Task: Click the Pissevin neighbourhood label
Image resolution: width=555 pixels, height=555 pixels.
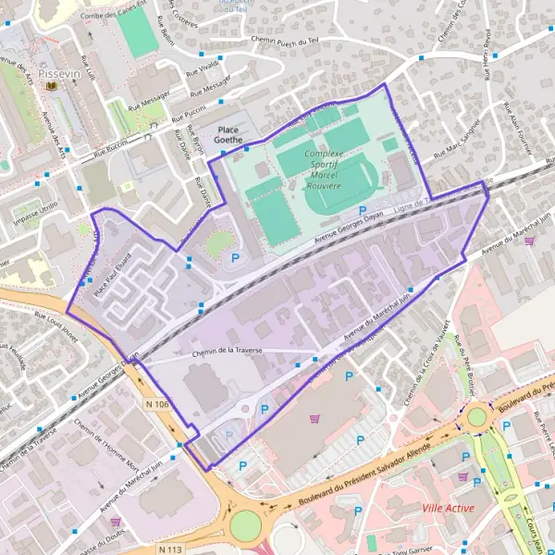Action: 61,70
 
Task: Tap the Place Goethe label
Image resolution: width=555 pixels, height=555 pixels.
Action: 229,135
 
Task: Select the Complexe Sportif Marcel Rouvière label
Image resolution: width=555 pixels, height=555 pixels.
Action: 337,167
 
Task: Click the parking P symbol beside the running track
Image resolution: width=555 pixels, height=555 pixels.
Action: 362,211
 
